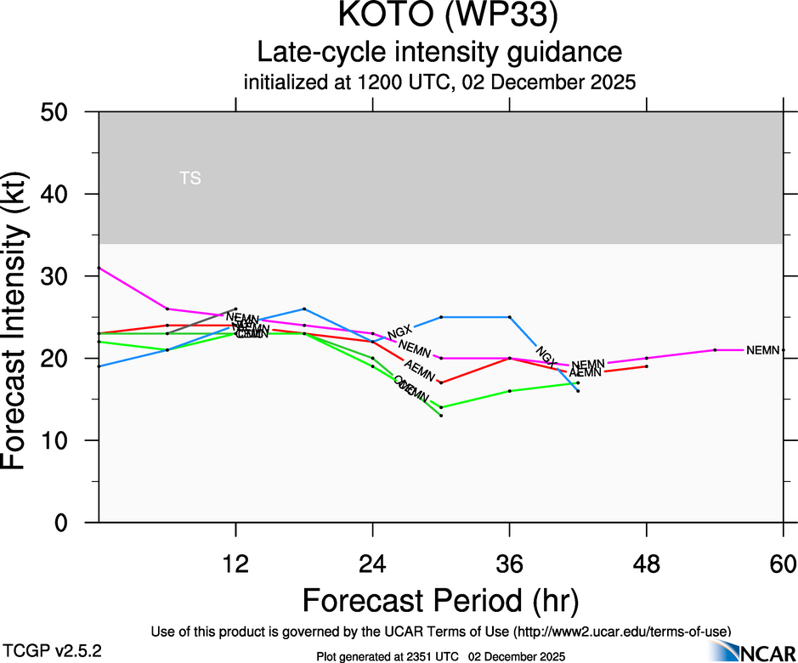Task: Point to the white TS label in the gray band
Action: coord(190,178)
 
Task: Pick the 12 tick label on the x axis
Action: coord(235,564)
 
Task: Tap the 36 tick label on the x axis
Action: coord(509,564)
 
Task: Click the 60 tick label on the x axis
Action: coord(783,564)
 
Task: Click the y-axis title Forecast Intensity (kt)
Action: coord(25,316)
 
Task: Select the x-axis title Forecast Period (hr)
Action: coord(440,600)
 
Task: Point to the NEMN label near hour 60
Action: coord(762,350)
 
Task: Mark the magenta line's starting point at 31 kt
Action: coord(99,268)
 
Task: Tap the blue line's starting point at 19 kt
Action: coord(99,366)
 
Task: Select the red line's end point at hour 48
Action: coord(647,366)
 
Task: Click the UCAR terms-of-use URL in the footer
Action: coord(620,632)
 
